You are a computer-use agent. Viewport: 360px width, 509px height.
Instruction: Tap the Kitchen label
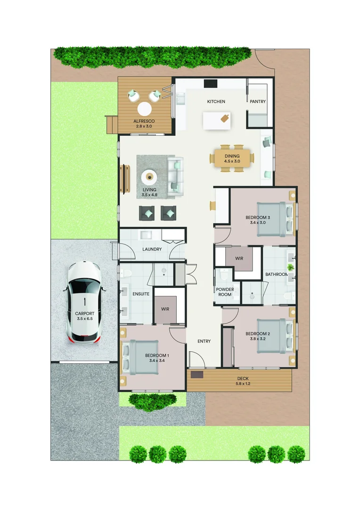pyautogui.click(x=216, y=102)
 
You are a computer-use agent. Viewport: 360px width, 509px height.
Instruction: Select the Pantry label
pyautogui.click(x=258, y=102)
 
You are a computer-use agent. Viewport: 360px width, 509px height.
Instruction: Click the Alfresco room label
pyautogui.click(x=144, y=121)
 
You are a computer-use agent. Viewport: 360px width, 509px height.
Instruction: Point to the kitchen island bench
pyautogui.click(x=217, y=120)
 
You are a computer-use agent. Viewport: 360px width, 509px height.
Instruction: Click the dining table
pyautogui.click(x=232, y=158)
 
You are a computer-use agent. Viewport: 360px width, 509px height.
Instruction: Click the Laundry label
pyautogui.click(x=152, y=249)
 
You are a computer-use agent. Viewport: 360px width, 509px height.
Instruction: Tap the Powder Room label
pyautogui.click(x=224, y=292)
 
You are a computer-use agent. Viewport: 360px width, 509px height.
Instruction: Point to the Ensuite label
pyautogui.click(x=141, y=294)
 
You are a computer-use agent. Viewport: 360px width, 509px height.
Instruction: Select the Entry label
pyautogui.click(x=204, y=341)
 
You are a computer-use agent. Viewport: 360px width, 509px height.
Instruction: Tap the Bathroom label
pyautogui.click(x=276, y=274)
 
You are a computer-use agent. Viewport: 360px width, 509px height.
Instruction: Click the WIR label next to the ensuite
pyautogui.click(x=165, y=309)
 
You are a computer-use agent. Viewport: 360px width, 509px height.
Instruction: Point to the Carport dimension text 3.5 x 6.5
pyautogui.click(x=85, y=319)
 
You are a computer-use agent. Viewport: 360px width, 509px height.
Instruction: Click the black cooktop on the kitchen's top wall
pyautogui.click(x=210, y=83)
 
